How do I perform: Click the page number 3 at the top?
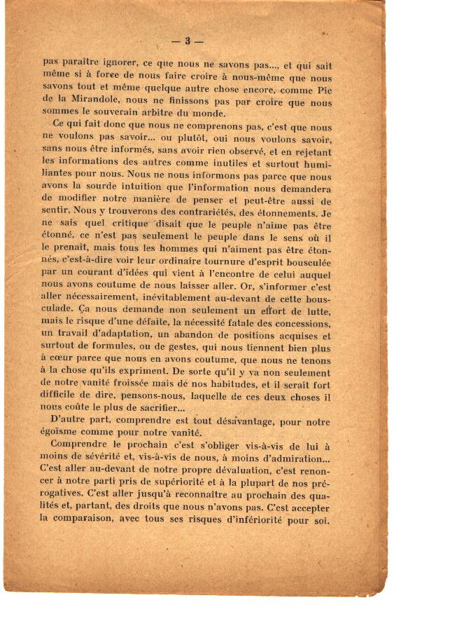pyautogui.click(x=188, y=40)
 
